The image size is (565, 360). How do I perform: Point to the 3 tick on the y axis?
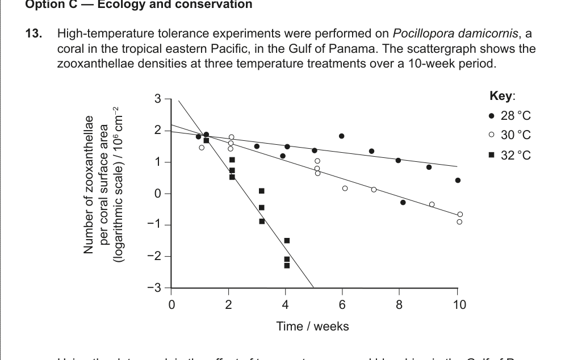pos(158,99)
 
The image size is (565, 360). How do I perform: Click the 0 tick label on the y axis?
pos(158,194)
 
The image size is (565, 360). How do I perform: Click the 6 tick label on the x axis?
pos(342,305)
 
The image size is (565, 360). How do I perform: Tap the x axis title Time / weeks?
pos(312,326)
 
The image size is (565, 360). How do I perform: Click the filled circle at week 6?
pos(341,136)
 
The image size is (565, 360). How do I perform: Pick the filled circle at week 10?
pos(458,181)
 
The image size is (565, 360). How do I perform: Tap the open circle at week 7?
pos(374,190)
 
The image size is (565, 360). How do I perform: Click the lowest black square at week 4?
pos(287,265)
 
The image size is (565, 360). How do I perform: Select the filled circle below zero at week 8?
pos(403,203)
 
